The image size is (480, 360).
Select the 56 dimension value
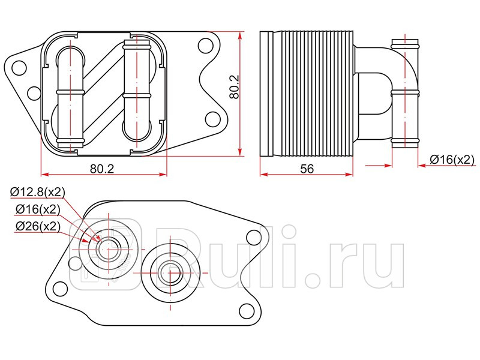[x=307, y=169]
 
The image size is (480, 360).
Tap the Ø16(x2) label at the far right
[x=452, y=159]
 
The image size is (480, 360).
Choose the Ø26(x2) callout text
[x=37, y=226]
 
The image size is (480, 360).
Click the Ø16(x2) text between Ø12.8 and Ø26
[x=37, y=209]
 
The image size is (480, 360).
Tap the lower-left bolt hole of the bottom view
[x=59, y=290]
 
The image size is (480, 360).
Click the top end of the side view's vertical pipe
[x=404, y=43]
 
